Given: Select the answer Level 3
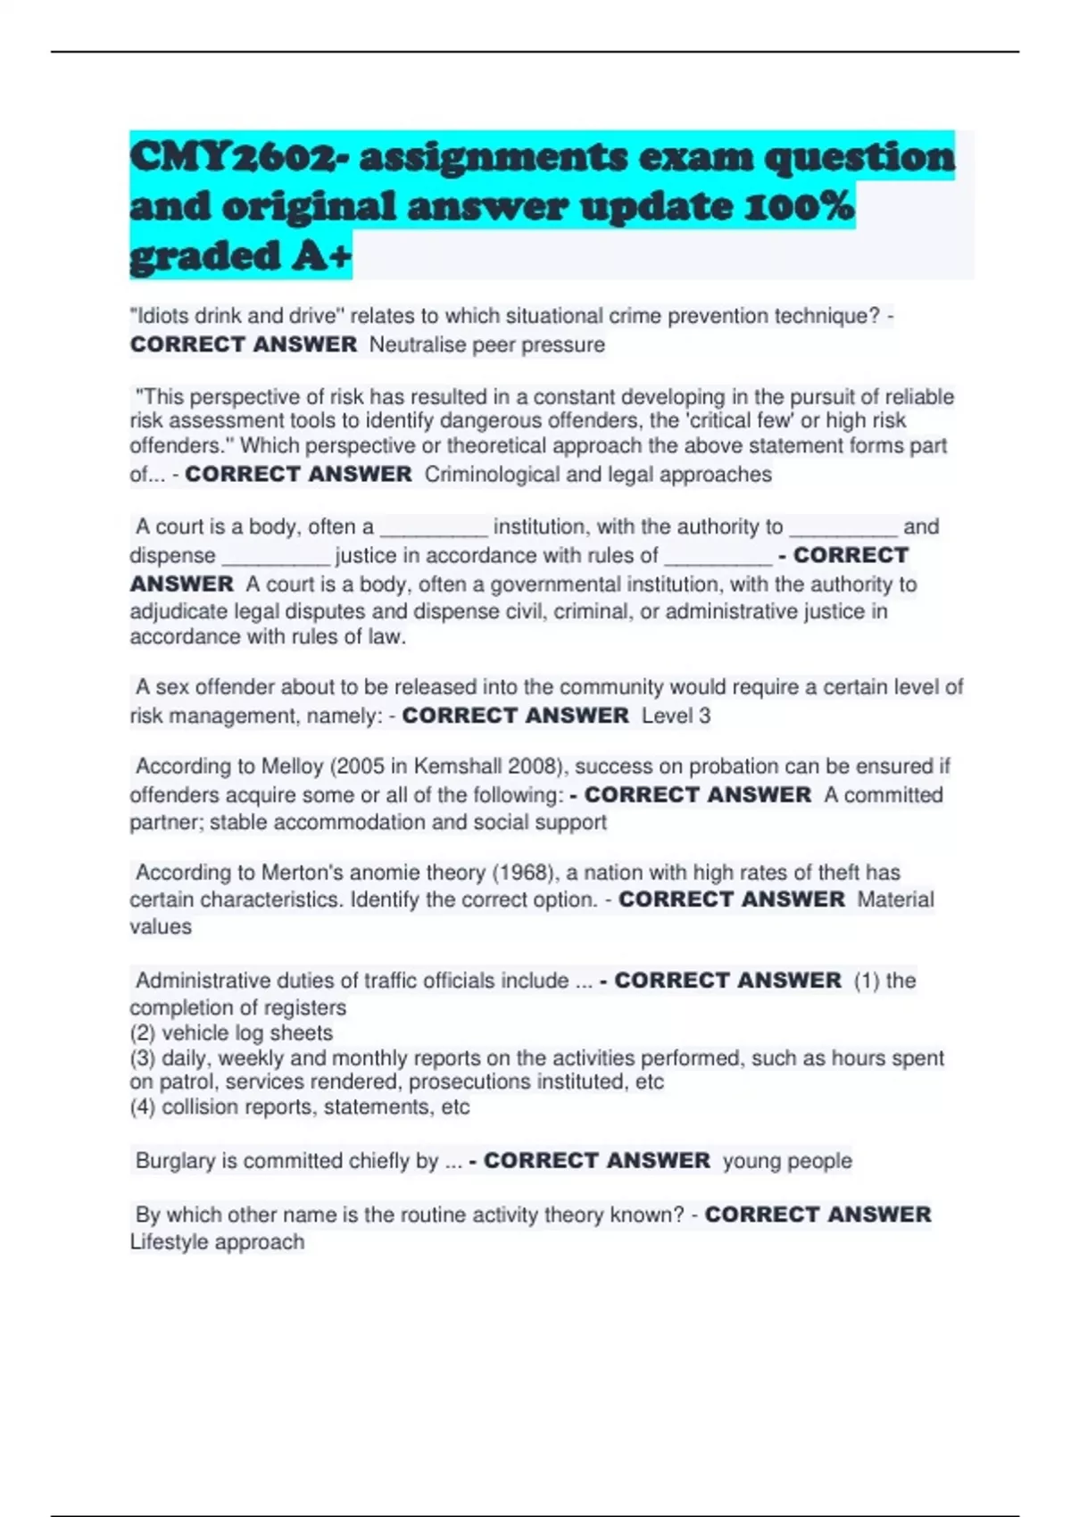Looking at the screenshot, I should tap(676, 716).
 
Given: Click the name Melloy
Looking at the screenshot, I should tap(292, 767).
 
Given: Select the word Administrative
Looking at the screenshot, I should tap(203, 980).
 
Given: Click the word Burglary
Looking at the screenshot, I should tap(175, 1160).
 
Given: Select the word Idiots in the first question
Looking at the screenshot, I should tap(161, 316).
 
